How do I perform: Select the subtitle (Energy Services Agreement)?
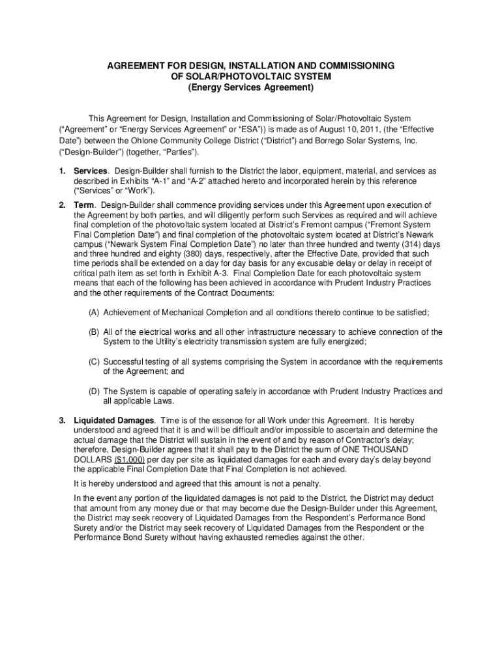[x=251, y=87]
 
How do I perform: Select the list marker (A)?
[x=95, y=313]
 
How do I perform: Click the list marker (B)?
[x=95, y=332]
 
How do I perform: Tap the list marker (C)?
[x=95, y=362]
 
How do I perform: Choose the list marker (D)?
[x=95, y=391]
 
